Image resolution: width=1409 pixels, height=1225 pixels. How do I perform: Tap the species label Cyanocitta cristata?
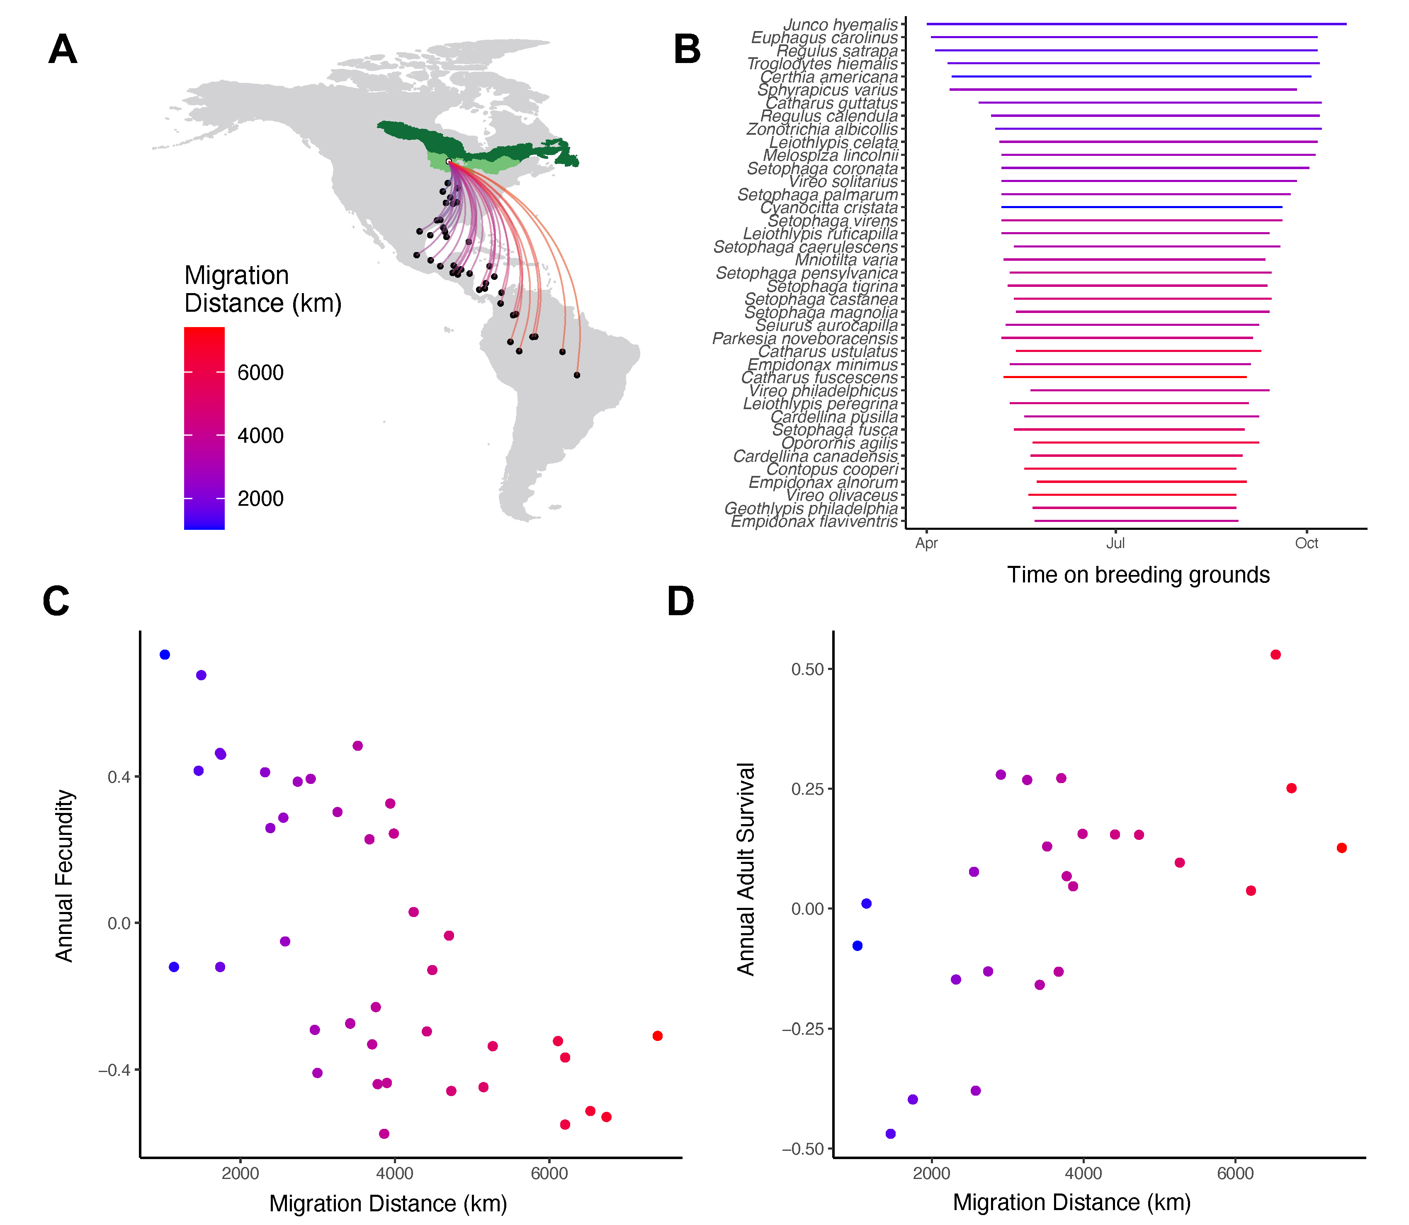[x=828, y=208]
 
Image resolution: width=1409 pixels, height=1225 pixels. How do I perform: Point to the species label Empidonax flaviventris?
[x=814, y=522]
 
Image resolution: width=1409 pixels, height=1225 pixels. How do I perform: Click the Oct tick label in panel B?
[x=1307, y=543]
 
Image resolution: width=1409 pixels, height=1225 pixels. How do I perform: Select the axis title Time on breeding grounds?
[x=1138, y=575]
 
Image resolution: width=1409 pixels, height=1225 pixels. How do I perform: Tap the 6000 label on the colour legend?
[x=260, y=373]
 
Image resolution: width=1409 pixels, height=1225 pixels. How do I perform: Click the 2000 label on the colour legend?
[x=260, y=498]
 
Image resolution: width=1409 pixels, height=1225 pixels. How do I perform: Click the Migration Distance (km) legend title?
[x=262, y=289]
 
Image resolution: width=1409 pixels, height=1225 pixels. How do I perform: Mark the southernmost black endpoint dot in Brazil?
[x=577, y=375]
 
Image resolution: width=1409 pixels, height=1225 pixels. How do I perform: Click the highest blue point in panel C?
[x=165, y=655]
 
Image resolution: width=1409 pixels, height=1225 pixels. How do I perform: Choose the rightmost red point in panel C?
[x=658, y=1036]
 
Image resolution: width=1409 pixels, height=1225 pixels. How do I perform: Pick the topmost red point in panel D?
[x=1276, y=655]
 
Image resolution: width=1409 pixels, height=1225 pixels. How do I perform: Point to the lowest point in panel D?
[x=891, y=1134]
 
